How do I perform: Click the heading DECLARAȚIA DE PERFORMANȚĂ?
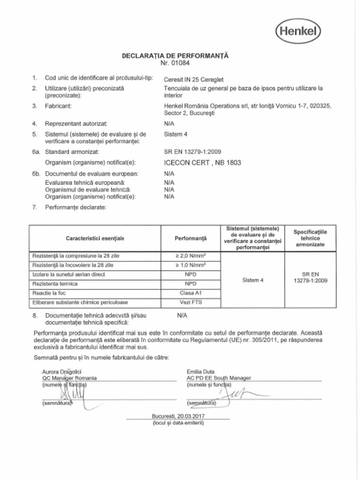[x=175, y=56]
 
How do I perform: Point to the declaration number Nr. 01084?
[x=175, y=63]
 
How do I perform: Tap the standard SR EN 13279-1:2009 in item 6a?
[x=193, y=151]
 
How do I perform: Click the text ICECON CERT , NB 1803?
[x=202, y=163]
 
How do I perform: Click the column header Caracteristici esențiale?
[x=95, y=239]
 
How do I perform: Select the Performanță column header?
[x=190, y=239]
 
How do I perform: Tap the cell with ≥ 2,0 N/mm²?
[x=190, y=256]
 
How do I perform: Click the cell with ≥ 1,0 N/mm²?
[x=190, y=265]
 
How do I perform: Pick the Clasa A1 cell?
[x=190, y=293]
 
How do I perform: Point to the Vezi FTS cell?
[x=190, y=302]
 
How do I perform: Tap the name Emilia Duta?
[x=201, y=372]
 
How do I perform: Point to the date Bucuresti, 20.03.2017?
[x=178, y=416]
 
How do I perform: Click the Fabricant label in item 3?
[x=58, y=106]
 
